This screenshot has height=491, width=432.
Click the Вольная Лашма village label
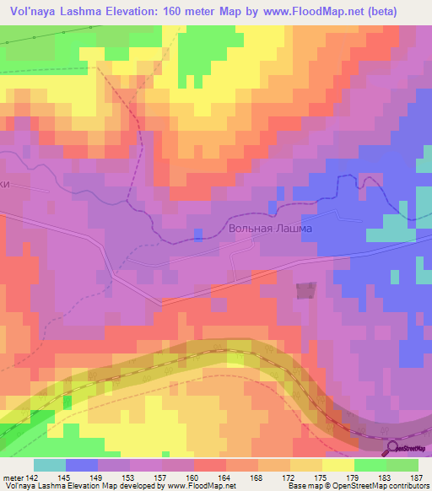point(270,229)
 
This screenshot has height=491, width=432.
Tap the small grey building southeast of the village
point(305,289)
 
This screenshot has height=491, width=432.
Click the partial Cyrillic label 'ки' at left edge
point(7,191)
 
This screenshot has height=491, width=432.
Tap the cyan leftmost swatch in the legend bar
point(50,465)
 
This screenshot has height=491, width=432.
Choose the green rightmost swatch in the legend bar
point(402,465)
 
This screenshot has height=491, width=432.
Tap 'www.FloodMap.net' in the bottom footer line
point(202,486)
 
